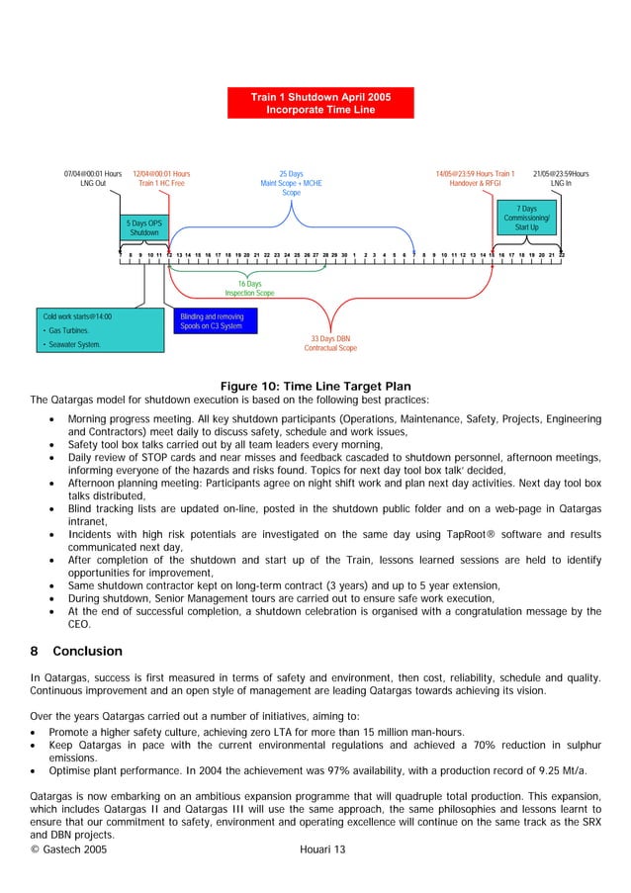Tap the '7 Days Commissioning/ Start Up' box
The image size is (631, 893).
(x=527, y=219)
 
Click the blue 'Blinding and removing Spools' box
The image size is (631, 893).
(x=216, y=321)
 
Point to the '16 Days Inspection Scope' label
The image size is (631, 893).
(x=249, y=289)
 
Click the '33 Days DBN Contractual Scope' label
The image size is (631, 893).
(x=330, y=343)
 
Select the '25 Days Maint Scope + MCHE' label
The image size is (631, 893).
(x=291, y=183)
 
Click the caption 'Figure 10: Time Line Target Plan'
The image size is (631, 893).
(x=315, y=386)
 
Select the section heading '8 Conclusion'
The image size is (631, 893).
(x=75, y=651)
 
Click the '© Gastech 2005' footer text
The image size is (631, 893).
(x=69, y=848)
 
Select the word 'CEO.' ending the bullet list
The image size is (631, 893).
(x=79, y=624)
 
